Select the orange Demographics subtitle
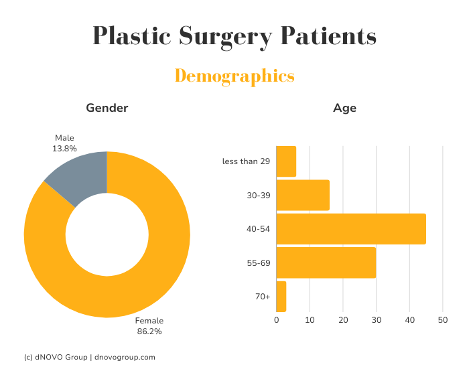point(234,76)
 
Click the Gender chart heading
point(107,108)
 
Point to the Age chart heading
point(344,108)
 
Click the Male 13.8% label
point(64,143)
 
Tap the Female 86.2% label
point(149,325)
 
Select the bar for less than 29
point(286,161)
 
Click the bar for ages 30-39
point(303,195)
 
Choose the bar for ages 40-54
point(351,229)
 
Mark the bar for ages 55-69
point(326,263)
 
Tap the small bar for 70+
point(281,297)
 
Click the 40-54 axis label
point(258,229)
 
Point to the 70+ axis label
point(262,297)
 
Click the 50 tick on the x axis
point(442,320)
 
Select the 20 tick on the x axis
point(343,320)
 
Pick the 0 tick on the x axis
point(277,320)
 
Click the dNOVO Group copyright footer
point(89,358)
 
